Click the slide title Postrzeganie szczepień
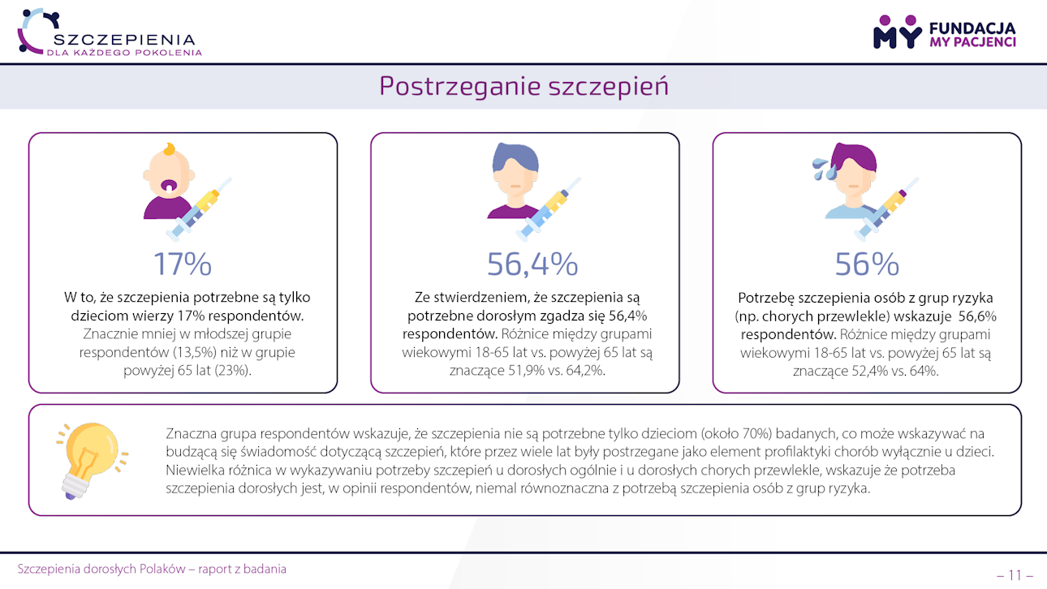click(x=523, y=86)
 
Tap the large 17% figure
click(x=183, y=264)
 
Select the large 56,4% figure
click(x=532, y=264)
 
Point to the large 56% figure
click(x=867, y=264)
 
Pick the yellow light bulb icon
click(x=90, y=458)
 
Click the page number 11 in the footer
click(x=1015, y=575)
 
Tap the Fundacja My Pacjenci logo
click(x=944, y=32)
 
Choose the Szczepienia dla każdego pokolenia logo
click(x=110, y=32)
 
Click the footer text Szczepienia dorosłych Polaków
click(x=152, y=569)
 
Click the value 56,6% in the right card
click(x=977, y=316)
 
